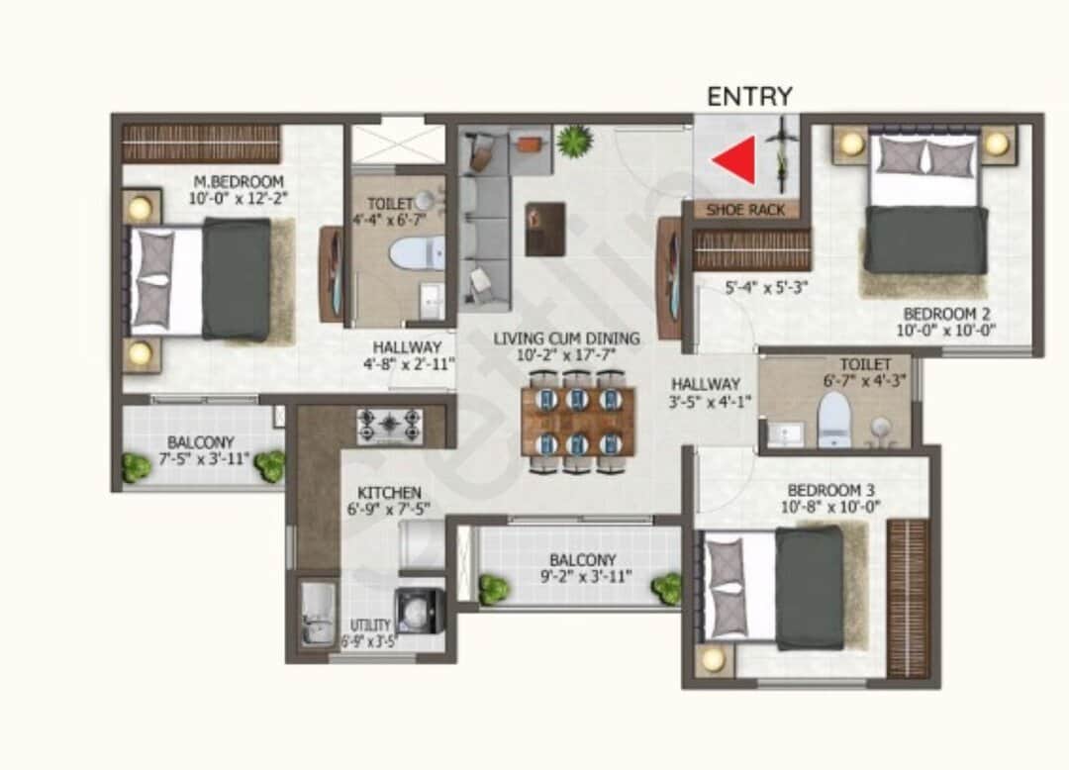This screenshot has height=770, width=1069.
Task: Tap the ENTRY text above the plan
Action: pyautogui.click(x=749, y=96)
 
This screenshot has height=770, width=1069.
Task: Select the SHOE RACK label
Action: pyautogui.click(x=745, y=210)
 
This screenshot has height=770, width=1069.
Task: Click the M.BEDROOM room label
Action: pyautogui.click(x=239, y=182)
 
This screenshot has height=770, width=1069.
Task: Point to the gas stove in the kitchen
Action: pyautogui.click(x=390, y=426)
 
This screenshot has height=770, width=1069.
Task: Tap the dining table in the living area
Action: pyautogui.click(x=577, y=421)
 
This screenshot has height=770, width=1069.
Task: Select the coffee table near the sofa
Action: pyautogui.click(x=545, y=229)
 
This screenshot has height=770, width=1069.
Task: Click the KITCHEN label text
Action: pyautogui.click(x=390, y=493)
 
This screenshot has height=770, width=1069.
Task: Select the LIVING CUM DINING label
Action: pyautogui.click(x=566, y=338)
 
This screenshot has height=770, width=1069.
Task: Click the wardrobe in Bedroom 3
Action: pyautogui.click(x=907, y=597)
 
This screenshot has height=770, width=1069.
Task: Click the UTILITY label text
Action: pyautogui.click(x=371, y=625)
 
